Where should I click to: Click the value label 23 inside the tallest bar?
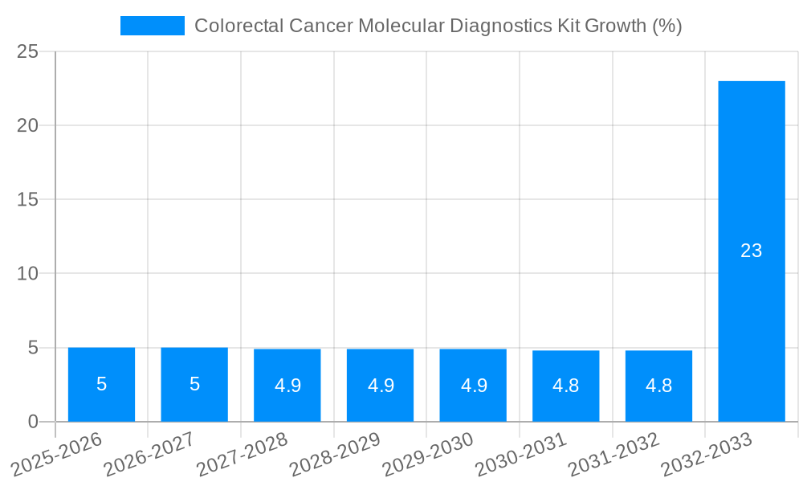[751, 251]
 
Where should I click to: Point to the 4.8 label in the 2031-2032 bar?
[658, 386]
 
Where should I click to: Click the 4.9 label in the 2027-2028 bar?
[287, 386]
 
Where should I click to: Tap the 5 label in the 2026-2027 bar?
[194, 384]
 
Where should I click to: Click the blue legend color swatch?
[153, 26]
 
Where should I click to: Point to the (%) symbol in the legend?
[666, 26]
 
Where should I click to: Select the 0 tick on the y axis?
[33, 422]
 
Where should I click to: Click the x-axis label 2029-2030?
[427, 454]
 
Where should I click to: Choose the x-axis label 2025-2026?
[58, 454]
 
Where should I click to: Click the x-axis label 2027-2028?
[242, 454]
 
